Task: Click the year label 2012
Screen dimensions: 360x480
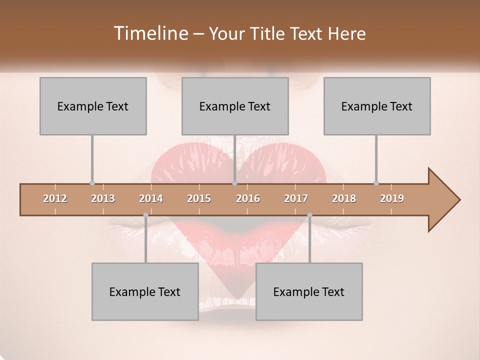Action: pos(55,198)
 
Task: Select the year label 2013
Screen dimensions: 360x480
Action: pos(103,198)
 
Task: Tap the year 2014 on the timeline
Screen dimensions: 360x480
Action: pos(151,198)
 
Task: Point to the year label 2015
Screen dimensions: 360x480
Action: pos(199,198)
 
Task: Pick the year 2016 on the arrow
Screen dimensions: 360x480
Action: pos(248,198)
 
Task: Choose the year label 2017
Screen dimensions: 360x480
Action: pos(296,198)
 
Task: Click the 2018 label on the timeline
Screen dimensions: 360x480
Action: pos(344,198)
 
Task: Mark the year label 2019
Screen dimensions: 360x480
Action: pos(392,198)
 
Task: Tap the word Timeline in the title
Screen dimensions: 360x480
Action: pos(150,33)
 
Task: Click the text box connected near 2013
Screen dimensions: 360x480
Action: pos(93,106)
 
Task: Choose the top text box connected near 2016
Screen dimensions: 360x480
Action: pos(235,106)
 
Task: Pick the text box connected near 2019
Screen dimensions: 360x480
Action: pos(377,106)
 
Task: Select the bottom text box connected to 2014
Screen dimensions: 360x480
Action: pos(145,291)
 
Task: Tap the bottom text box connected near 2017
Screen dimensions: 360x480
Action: pos(309,291)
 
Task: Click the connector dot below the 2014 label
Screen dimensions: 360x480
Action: pos(145,215)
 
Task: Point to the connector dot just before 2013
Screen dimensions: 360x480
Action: pos(92,183)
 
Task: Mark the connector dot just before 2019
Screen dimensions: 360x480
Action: pos(376,183)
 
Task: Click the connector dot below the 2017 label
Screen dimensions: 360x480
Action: pos(309,215)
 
